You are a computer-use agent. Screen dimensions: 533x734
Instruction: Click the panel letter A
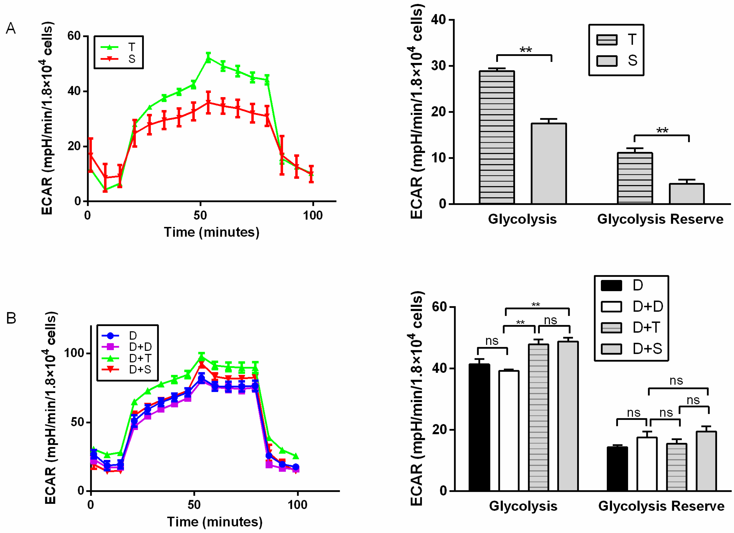(x=11, y=29)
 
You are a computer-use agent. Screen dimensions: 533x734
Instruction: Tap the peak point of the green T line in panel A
(x=208, y=59)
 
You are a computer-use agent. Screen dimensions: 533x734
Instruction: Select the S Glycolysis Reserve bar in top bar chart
(x=686, y=193)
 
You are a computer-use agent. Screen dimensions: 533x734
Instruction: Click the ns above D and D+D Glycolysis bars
(x=492, y=341)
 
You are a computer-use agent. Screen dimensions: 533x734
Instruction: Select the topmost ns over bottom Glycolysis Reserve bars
(x=676, y=381)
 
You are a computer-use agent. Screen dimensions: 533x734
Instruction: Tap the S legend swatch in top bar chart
(x=607, y=61)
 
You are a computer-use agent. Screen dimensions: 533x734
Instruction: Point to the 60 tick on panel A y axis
(x=74, y=36)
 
